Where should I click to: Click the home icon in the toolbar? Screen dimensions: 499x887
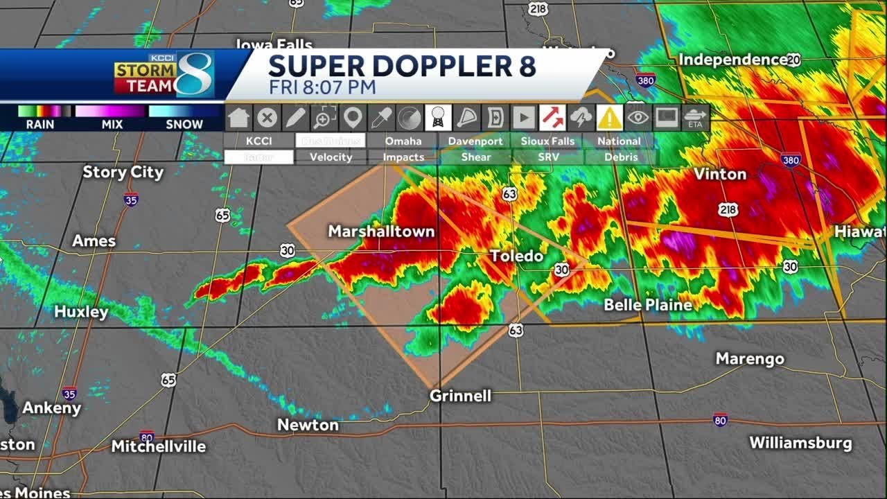[x=238, y=118]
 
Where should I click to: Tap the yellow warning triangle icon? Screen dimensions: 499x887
[x=610, y=118]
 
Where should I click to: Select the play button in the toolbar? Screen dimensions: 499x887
[x=524, y=118]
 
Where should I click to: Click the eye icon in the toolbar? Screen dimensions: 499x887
[x=638, y=118]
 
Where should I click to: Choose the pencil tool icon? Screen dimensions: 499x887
[x=296, y=118]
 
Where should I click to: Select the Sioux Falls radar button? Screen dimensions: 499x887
[x=547, y=141]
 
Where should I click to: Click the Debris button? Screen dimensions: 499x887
[x=620, y=157]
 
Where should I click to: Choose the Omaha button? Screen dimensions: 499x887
[x=403, y=141]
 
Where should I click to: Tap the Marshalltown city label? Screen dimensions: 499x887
[x=381, y=231]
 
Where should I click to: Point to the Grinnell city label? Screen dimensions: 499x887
[x=460, y=396]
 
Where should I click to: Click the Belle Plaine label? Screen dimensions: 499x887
[x=648, y=305]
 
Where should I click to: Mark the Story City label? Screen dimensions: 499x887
[x=123, y=173]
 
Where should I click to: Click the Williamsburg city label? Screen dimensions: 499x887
[x=800, y=443]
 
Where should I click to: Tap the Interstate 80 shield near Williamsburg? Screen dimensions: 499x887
[x=720, y=420]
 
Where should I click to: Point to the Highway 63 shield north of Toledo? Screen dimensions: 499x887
[x=510, y=194]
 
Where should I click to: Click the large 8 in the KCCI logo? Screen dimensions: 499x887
[x=193, y=75]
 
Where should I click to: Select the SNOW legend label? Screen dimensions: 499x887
[x=184, y=125]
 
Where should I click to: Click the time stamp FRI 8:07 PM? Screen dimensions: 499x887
[x=322, y=87]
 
